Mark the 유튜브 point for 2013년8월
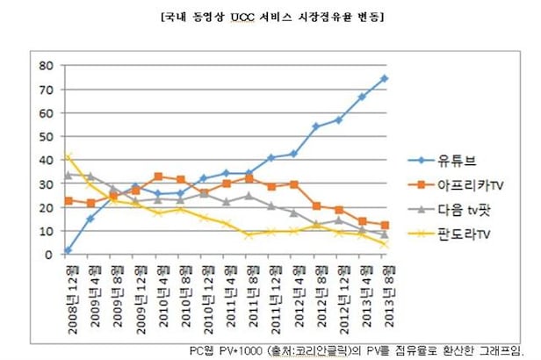[x=385, y=78]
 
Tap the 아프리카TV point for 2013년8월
[x=385, y=225]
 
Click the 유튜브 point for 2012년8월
[x=316, y=126]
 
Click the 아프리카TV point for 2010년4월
[x=157, y=176]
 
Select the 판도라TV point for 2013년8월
[x=385, y=244]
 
